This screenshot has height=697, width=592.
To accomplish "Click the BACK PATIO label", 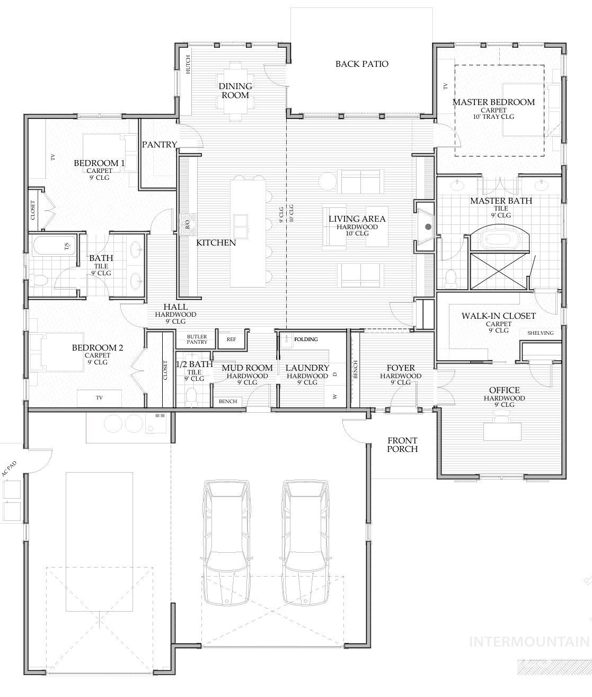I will click(361, 64).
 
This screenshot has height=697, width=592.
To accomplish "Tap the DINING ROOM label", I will click(235, 91).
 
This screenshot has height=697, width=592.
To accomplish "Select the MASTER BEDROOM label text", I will click(493, 102).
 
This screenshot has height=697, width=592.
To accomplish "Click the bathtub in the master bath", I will click(501, 240).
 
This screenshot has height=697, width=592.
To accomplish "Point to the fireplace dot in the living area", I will click(428, 227).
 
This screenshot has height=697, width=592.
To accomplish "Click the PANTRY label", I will click(159, 144).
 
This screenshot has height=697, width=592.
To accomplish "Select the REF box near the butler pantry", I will click(231, 339).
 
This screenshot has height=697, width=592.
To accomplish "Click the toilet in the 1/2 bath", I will click(192, 396).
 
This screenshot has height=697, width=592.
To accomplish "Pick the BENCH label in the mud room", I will click(228, 402).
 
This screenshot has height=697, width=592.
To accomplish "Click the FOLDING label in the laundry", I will click(306, 339).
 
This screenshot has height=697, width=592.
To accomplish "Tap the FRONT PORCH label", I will click(402, 445).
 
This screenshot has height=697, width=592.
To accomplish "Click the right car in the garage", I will click(305, 541).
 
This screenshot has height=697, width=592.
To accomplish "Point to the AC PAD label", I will click(10, 469).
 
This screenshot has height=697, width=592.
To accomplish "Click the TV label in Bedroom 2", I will click(99, 397).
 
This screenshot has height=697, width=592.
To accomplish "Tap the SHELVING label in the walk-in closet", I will click(540, 333).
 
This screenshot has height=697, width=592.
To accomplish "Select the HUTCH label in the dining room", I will click(188, 64).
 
